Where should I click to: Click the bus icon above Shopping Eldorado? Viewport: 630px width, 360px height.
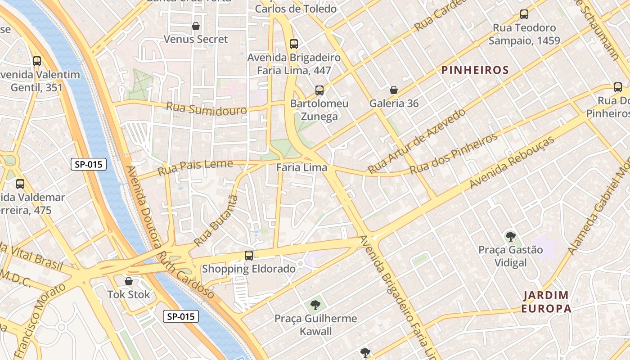[249, 256]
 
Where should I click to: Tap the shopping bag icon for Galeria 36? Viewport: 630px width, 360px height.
[394, 90]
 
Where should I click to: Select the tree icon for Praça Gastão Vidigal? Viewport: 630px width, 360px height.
[510, 236]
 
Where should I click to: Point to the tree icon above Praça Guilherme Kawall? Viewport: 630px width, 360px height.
[315, 305]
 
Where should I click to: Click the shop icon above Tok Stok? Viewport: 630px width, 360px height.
[129, 281]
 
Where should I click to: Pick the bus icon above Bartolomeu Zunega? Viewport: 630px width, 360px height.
[319, 90]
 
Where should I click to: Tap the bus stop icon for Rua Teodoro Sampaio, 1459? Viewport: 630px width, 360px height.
[524, 14]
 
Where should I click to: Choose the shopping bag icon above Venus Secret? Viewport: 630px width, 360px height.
[196, 26]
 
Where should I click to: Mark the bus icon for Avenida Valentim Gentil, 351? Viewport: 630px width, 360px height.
[37, 61]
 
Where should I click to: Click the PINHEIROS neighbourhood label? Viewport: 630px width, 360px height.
[475, 70]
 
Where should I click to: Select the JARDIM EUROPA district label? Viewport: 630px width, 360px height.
[547, 302]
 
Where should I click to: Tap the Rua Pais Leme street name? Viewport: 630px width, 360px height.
[196, 168]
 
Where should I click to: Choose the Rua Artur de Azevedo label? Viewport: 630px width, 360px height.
[416, 141]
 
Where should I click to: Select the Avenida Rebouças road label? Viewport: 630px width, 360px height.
[512, 162]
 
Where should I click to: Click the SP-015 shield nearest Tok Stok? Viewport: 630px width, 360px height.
[181, 316]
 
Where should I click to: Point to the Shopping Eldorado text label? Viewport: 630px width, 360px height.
[249, 269]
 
